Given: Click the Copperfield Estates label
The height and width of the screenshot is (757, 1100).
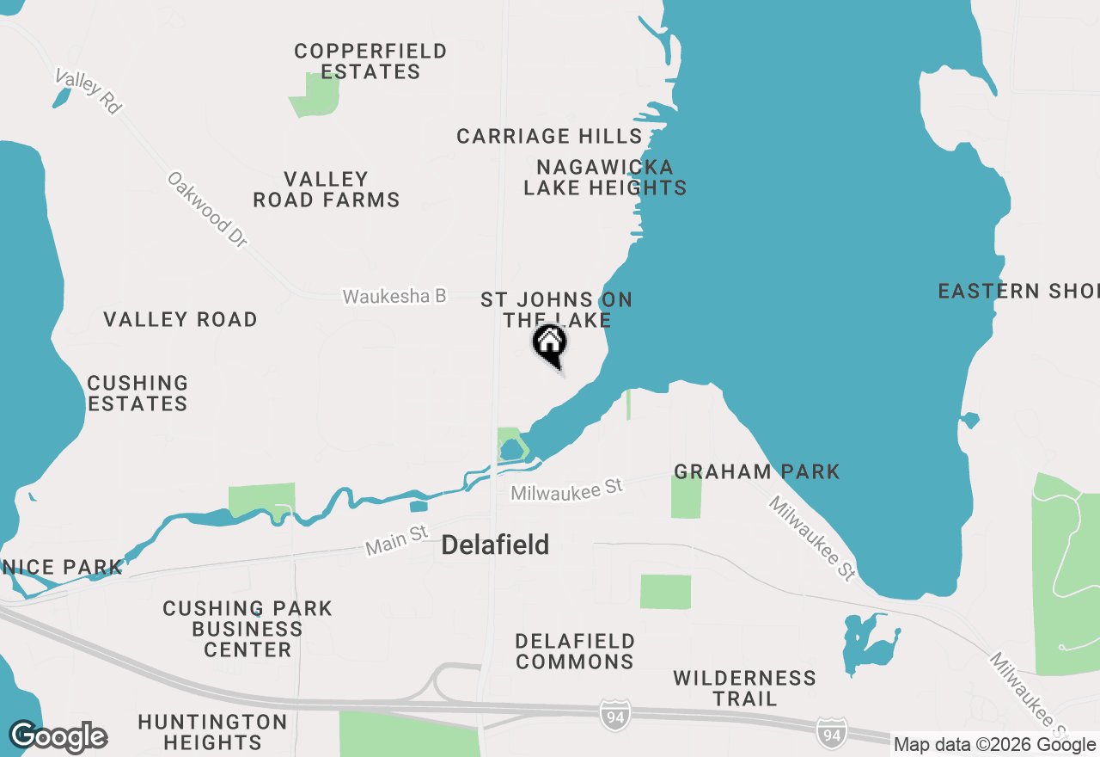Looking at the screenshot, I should click(x=370, y=61).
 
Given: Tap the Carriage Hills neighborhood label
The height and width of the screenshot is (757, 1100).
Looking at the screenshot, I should click(x=549, y=136).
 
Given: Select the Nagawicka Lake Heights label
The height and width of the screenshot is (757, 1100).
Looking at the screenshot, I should click(x=605, y=176).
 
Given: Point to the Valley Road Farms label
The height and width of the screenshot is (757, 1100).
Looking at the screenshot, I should click(x=327, y=189).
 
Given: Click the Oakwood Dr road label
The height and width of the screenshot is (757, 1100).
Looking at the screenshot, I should click(x=208, y=210).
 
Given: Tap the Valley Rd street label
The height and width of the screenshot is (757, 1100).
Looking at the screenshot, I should click(x=88, y=90).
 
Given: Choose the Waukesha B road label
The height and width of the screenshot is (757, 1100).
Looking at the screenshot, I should click(x=394, y=296).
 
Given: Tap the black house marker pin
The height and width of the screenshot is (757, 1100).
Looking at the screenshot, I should click(x=550, y=344).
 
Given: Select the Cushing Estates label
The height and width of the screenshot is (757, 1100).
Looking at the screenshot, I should click(x=137, y=393).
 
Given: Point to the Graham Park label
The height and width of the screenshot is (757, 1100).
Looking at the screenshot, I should click(x=756, y=471).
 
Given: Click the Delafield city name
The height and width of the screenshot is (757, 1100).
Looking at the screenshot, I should click(x=495, y=545).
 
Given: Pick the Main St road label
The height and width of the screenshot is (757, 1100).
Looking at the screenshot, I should click(x=396, y=540).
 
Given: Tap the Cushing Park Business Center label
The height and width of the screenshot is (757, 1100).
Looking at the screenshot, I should click(x=247, y=629).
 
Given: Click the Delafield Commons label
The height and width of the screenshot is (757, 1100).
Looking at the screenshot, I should click(x=575, y=651).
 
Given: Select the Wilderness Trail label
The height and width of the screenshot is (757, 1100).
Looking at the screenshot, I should click(x=744, y=688).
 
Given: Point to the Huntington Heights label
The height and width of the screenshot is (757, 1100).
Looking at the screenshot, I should click(x=212, y=731).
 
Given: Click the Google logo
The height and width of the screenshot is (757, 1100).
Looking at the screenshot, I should click(x=58, y=737).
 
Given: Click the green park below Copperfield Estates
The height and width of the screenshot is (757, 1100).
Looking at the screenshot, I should click(x=315, y=95).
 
